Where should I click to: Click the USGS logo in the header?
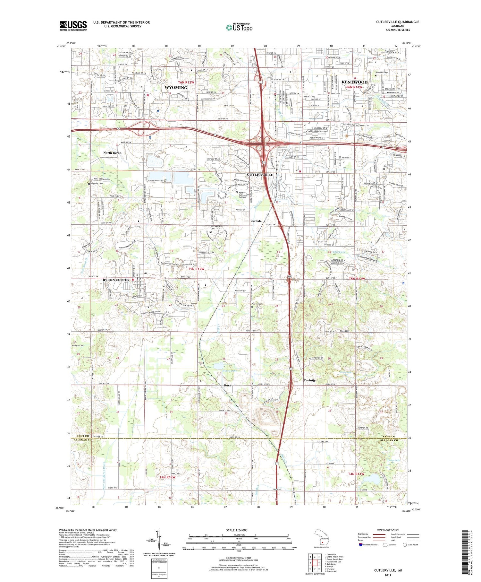point(73,26)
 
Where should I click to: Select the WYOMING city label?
point(176,88)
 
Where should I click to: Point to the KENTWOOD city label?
point(354,82)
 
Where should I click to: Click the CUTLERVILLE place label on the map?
point(260,175)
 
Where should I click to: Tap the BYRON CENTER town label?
point(116,280)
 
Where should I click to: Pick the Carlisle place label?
point(256,221)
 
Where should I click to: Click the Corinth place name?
point(309,380)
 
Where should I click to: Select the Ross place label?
point(227,385)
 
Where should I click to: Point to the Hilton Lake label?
point(229,371)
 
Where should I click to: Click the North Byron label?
point(112,153)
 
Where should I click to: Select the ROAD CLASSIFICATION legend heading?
point(388,530)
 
